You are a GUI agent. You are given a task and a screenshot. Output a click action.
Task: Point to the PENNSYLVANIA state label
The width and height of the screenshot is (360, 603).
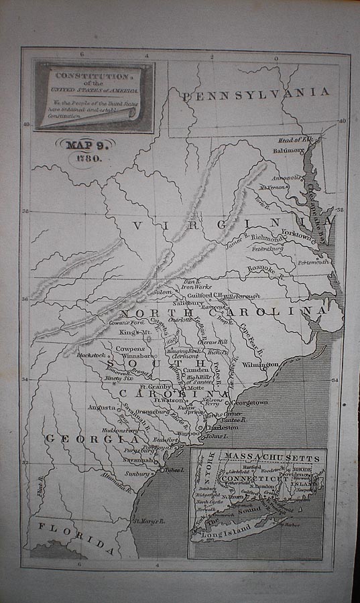coord(255,94)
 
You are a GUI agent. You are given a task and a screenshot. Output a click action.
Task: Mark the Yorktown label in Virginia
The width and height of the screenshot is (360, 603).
coord(296,236)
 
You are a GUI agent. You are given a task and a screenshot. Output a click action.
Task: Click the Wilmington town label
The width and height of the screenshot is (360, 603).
coord(260,365)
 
